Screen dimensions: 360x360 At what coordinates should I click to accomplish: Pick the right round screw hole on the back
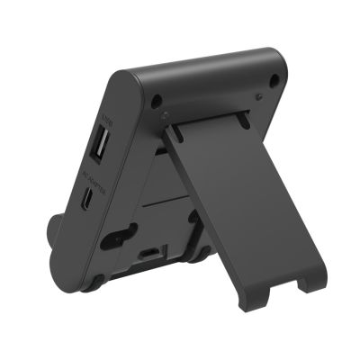273,82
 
